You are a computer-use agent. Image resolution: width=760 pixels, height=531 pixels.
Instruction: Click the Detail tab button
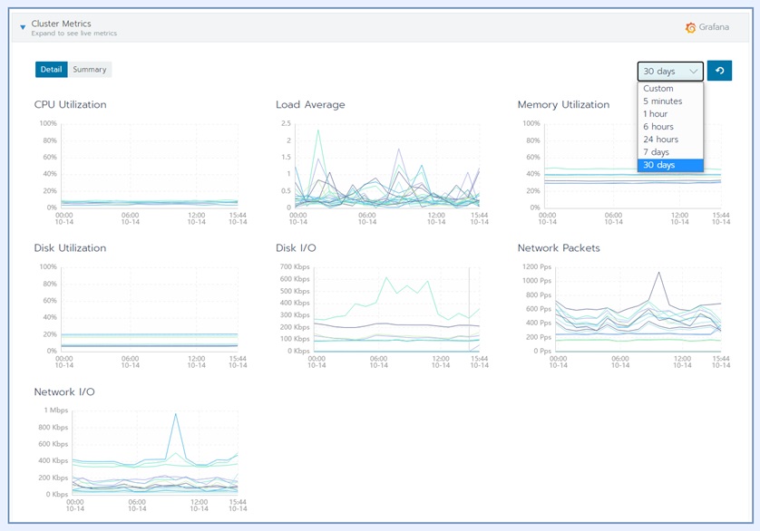(52, 69)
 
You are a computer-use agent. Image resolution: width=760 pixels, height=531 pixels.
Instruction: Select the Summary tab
(90, 69)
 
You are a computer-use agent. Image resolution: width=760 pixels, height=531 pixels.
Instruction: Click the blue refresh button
(719, 71)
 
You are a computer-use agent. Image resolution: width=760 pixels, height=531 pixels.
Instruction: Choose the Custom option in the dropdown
(658, 88)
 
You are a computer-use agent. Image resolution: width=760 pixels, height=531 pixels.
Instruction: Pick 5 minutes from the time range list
(663, 101)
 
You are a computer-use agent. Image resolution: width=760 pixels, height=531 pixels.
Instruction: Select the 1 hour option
(656, 113)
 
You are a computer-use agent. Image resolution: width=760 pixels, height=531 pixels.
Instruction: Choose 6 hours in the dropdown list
(658, 127)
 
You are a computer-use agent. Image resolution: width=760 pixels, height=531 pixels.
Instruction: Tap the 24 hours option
(660, 139)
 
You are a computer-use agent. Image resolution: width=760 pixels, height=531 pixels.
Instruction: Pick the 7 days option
(657, 152)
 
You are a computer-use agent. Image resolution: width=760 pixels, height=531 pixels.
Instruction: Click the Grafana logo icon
(691, 27)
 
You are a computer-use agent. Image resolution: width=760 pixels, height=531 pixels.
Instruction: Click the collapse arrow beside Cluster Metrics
(23, 27)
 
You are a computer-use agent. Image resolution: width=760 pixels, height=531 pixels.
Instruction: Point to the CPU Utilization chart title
(70, 104)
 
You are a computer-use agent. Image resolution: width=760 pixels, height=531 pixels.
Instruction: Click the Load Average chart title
(310, 104)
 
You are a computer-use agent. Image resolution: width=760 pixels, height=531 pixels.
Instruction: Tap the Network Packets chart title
(559, 248)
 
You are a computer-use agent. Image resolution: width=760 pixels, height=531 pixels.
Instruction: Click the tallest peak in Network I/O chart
(175, 413)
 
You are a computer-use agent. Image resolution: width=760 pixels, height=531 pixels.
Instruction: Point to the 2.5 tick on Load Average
(286, 123)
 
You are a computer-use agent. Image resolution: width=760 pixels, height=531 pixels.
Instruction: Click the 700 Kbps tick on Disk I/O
(295, 267)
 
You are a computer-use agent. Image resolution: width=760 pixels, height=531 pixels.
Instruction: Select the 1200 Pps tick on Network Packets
(537, 267)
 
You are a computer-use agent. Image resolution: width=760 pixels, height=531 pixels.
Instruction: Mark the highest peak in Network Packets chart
(658, 272)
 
